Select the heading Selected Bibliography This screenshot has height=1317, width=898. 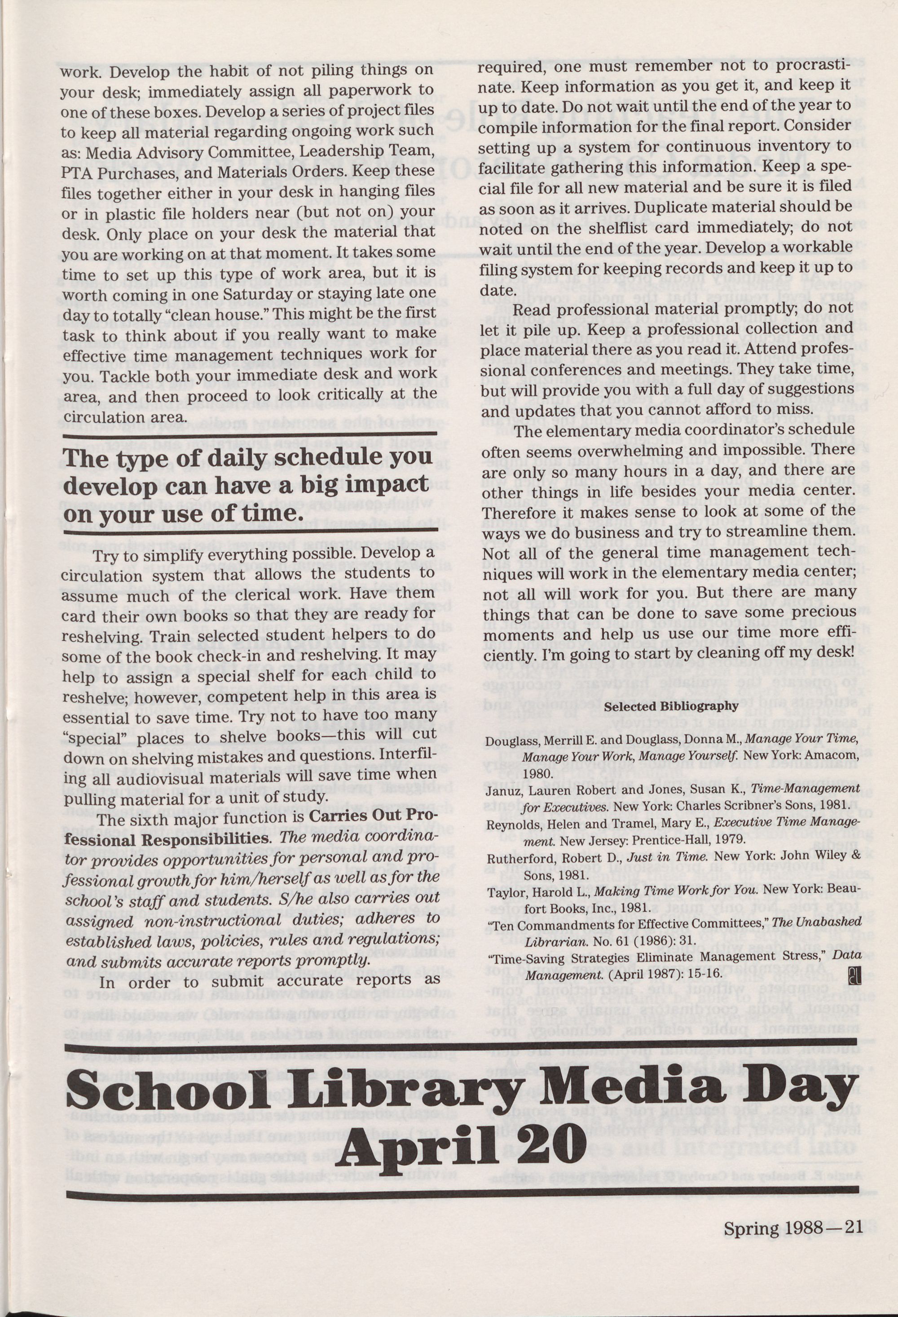coord(671,706)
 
